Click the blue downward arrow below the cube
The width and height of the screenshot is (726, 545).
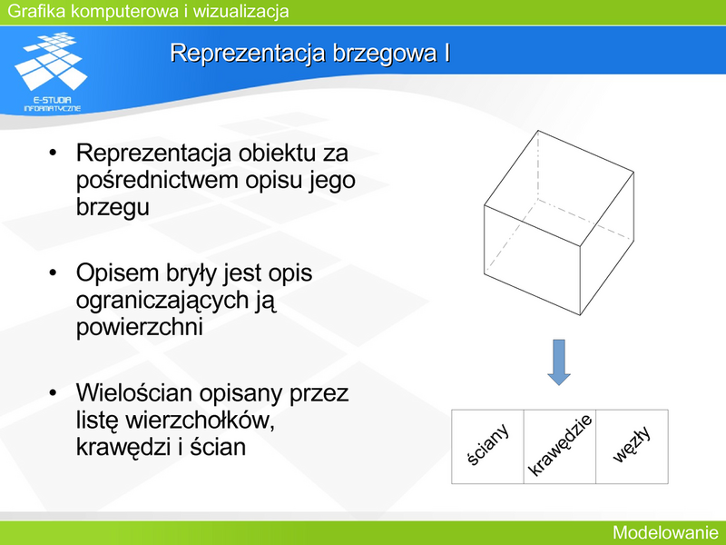point(559,362)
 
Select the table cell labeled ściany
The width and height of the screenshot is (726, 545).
point(487,446)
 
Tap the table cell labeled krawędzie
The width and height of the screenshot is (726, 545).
point(560,446)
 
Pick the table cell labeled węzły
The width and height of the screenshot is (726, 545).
point(632,446)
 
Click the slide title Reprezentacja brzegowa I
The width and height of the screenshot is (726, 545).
point(309,53)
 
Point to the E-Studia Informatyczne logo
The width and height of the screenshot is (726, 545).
point(52,72)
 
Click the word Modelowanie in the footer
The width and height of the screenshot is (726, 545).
point(665,532)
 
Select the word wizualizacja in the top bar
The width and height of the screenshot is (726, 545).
point(240,11)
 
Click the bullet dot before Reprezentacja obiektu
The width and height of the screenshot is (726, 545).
point(53,153)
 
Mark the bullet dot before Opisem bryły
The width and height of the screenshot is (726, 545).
point(53,272)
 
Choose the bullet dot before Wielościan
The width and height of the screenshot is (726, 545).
point(53,392)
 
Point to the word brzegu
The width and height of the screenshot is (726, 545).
point(113,207)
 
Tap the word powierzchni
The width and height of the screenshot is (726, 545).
point(140,327)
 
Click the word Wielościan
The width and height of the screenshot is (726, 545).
point(133,392)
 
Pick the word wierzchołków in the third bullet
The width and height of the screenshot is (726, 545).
point(200,420)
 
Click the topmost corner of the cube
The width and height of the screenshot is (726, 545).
point(538,131)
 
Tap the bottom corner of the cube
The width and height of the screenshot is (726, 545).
point(580,315)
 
